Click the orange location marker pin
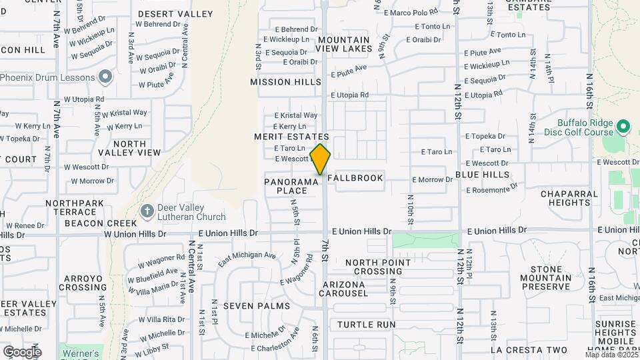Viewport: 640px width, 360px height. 320,159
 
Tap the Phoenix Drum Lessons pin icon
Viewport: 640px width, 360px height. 105,77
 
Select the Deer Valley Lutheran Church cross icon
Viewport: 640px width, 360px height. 147,211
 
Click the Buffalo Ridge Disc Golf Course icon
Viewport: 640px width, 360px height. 623,126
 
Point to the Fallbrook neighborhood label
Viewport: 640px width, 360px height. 355,178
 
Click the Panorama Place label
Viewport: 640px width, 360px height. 291,186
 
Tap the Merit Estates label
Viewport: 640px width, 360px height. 291,137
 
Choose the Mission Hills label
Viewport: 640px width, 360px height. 280,82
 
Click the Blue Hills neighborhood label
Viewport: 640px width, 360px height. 482,175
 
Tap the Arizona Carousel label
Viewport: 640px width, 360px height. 343,289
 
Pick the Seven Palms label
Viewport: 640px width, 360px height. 256,306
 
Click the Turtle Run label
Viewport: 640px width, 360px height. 366,325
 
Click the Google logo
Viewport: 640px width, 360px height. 22,351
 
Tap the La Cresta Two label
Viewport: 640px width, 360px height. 529,350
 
